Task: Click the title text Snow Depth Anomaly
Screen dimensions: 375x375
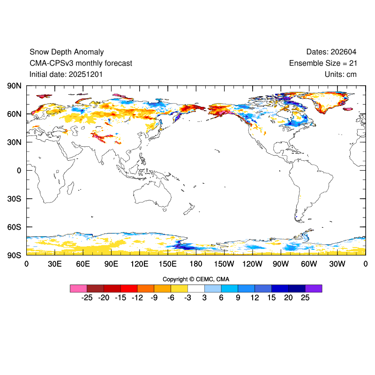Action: click(x=67, y=52)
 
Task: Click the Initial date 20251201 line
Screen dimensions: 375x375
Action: click(x=66, y=74)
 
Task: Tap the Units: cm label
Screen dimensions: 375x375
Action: click(x=340, y=74)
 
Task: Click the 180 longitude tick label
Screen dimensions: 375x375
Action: click(x=196, y=264)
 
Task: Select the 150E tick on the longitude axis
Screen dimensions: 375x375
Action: click(x=168, y=264)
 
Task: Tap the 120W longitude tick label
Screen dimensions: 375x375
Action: click(x=253, y=264)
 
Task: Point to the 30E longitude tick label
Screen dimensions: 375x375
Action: click(x=55, y=264)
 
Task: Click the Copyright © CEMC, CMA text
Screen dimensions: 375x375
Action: click(x=196, y=279)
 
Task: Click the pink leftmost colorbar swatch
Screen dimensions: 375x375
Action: click(x=78, y=288)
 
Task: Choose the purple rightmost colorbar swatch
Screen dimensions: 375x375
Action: click(x=313, y=288)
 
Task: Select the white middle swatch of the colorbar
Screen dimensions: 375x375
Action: click(x=196, y=288)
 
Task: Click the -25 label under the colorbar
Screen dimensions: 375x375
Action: click(x=86, y=298)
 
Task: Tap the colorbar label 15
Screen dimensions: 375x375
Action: click(x=271, y=298)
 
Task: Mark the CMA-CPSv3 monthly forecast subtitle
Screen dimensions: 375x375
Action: click(x=81, y=63)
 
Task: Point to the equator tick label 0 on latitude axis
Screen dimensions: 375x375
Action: click(x=19, y=171)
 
